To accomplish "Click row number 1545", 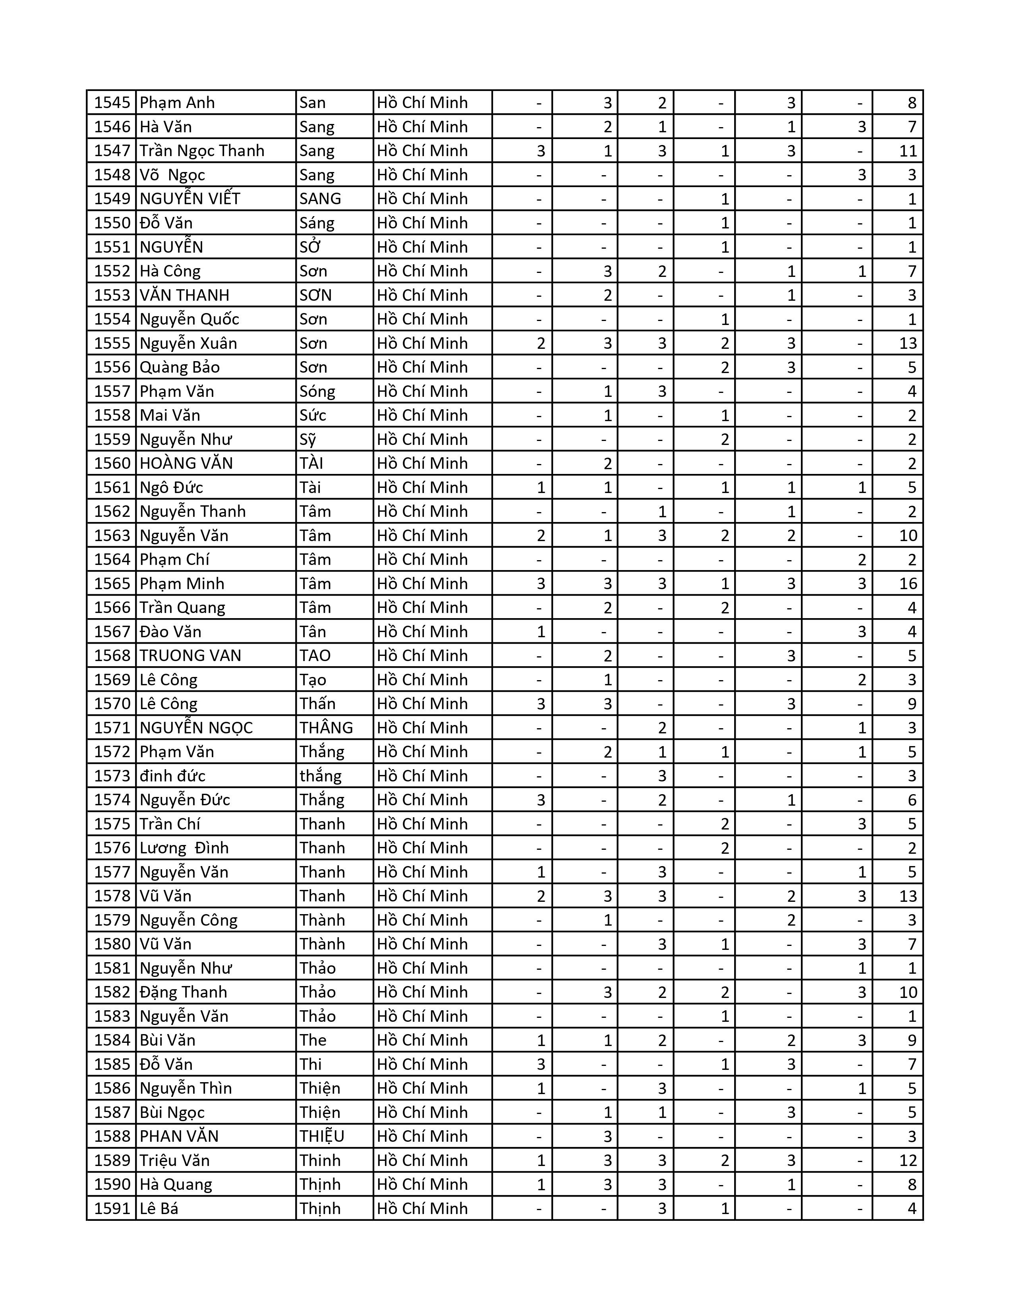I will point(112,102).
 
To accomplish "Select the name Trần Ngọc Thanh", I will point(202,151).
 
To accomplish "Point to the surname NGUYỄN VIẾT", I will point(189,199).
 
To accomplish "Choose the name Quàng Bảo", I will point(180,367).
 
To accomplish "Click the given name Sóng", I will point(317,391).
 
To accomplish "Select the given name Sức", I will point(313,416).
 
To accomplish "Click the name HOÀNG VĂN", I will point(186,463).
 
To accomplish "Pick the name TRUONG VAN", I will point(190,655).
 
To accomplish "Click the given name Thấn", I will point(317,704).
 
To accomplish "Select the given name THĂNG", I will point(326,727).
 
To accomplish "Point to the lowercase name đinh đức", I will point(172,775).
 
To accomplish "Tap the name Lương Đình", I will point(184,848).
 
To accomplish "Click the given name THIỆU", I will point(322,1136).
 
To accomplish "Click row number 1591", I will point(112,1209).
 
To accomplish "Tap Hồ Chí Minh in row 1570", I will point(422,704).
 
